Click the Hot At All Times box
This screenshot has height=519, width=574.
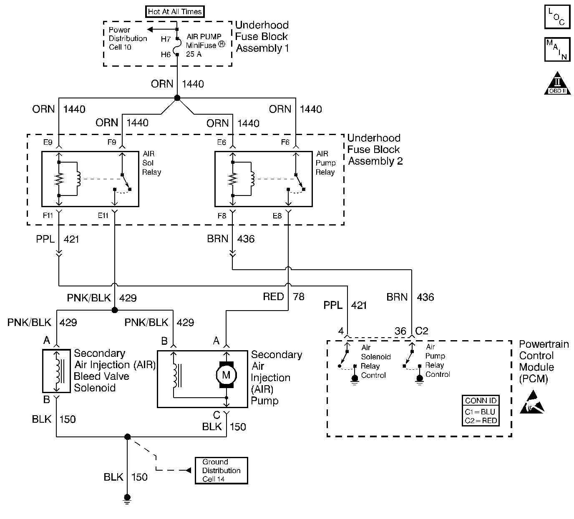pos(175,12)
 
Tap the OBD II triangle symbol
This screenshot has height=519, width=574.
pos(557,83)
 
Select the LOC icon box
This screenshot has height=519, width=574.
pos(557,17)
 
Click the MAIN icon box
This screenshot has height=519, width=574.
pos(557,50)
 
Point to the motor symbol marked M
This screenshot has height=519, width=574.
pos(226,375)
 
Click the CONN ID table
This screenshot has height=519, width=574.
pos(481,411)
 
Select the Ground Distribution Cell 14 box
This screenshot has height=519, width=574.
pos(221,470)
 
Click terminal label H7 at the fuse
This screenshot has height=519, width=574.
pos(166,39)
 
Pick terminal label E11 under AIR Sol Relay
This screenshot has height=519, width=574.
pos(103,216)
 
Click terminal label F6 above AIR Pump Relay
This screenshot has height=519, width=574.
pos(285,142)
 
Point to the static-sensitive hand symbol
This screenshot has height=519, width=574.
pos(532,402)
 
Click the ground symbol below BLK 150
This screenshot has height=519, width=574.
pos(127,499)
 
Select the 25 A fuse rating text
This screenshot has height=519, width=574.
pos(194,54)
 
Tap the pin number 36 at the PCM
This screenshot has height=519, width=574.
pos(400,331)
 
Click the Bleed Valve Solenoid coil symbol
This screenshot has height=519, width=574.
pos(59,371)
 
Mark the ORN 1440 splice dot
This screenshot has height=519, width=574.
pos(177,98)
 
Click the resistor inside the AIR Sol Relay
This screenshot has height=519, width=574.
pos(59,179)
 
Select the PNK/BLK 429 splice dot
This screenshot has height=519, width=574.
pos(114,310)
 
